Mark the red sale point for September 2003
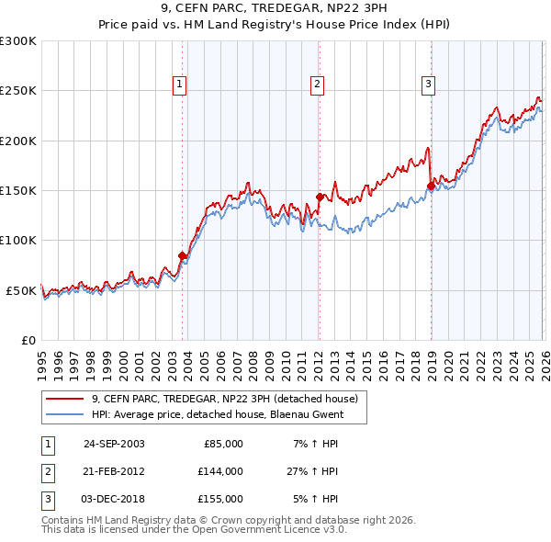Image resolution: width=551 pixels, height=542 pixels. (x=183, y=255)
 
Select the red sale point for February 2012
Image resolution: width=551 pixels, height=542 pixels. (x=320, y=197)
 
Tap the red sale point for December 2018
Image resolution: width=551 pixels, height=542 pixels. (x=431, y=186)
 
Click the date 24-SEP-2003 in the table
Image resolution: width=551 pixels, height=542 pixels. (x=114, y=444)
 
